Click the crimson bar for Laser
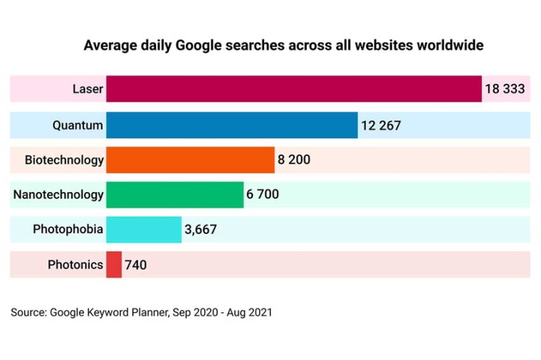[293, 89]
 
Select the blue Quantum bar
[231, 125]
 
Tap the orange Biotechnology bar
[190, 160]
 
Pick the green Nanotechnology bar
[174, 194]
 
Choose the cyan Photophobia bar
[144, 229]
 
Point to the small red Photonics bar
[114, 265]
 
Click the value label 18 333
[505, 89]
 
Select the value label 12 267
[381, 125]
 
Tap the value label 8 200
[294, 160]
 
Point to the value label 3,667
[200, 229]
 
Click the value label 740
[135, 265]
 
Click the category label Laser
[88, 89]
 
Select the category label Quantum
[78, 125]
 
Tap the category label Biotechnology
[64, 160]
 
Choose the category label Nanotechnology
[58, 194]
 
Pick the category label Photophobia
[68, 229]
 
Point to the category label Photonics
[75, 265]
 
